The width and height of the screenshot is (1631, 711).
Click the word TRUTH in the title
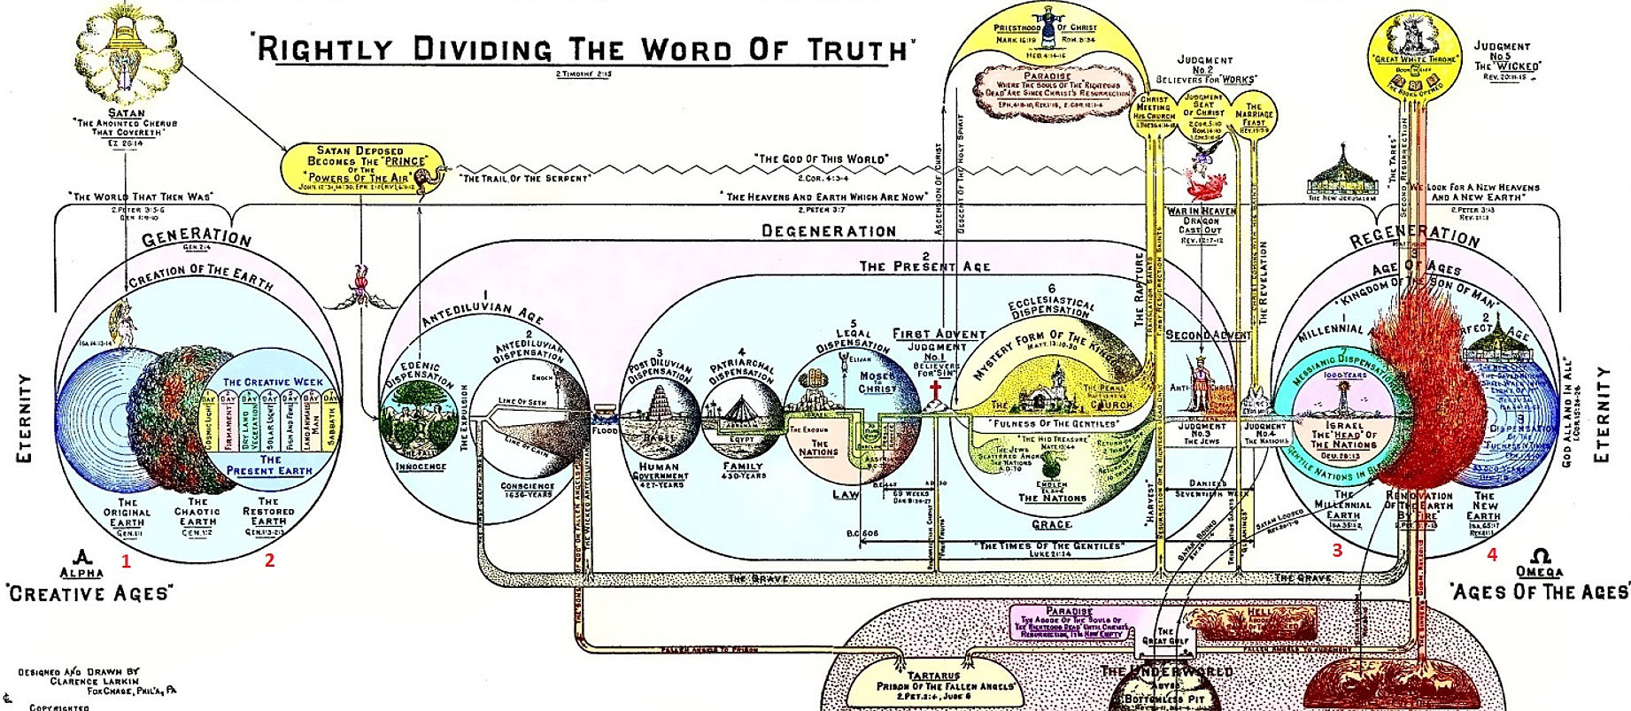click(858, 50)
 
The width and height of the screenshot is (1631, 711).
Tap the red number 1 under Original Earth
click(126, 560)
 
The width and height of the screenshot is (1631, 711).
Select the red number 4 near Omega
click(1492, 555)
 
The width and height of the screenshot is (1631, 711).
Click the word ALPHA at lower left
click(81, 572)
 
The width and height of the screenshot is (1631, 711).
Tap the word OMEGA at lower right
click(1540, 572)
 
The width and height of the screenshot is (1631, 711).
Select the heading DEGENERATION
click(829, 231)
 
